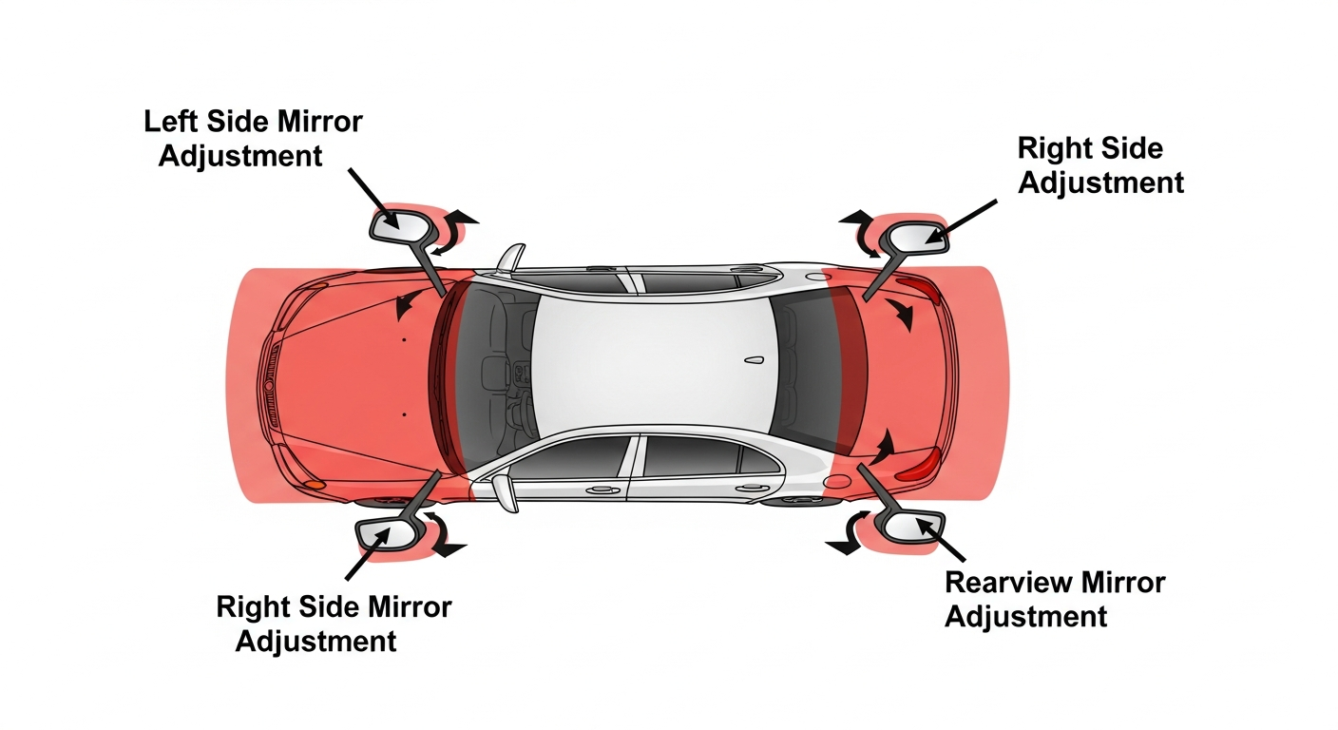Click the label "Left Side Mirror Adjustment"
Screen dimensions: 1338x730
[253, 139]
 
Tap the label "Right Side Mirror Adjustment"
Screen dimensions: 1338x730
[334, 624]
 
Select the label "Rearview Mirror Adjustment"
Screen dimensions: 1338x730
[1055, 599]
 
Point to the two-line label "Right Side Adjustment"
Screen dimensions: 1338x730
[1100, 164]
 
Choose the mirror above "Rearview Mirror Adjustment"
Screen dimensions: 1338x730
[909, 527]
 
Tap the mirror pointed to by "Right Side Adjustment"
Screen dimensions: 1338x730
[914, 237]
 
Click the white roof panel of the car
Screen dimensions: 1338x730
[651, 364]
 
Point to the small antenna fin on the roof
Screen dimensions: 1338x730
[755, 361]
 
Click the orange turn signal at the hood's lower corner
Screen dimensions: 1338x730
[314, 485]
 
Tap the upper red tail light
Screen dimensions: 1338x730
[920, 291]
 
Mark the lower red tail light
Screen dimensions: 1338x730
[920, 466]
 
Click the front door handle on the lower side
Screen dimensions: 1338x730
[602, 490]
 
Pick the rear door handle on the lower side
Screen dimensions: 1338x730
[752, 488]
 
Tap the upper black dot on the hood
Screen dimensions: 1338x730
[405, 340]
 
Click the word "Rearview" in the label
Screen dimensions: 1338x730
[1003, 583]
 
